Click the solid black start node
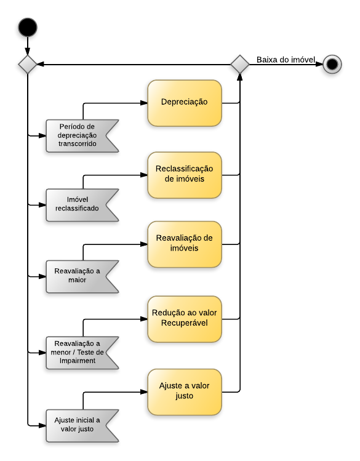(x=28, y=28)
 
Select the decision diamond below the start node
(x=28, y=64)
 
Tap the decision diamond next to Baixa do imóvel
(x=240, y=64)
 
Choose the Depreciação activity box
(x=184, y=103)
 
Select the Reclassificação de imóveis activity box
(x=184, y=174)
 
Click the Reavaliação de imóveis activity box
(x=184, y=244)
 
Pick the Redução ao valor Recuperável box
(x=184, y=318)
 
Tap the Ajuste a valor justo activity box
(x=184, y=391)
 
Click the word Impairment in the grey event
(x=77, y=361)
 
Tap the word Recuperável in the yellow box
(x=185, y=324)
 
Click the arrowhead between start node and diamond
(x=28, y=51)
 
